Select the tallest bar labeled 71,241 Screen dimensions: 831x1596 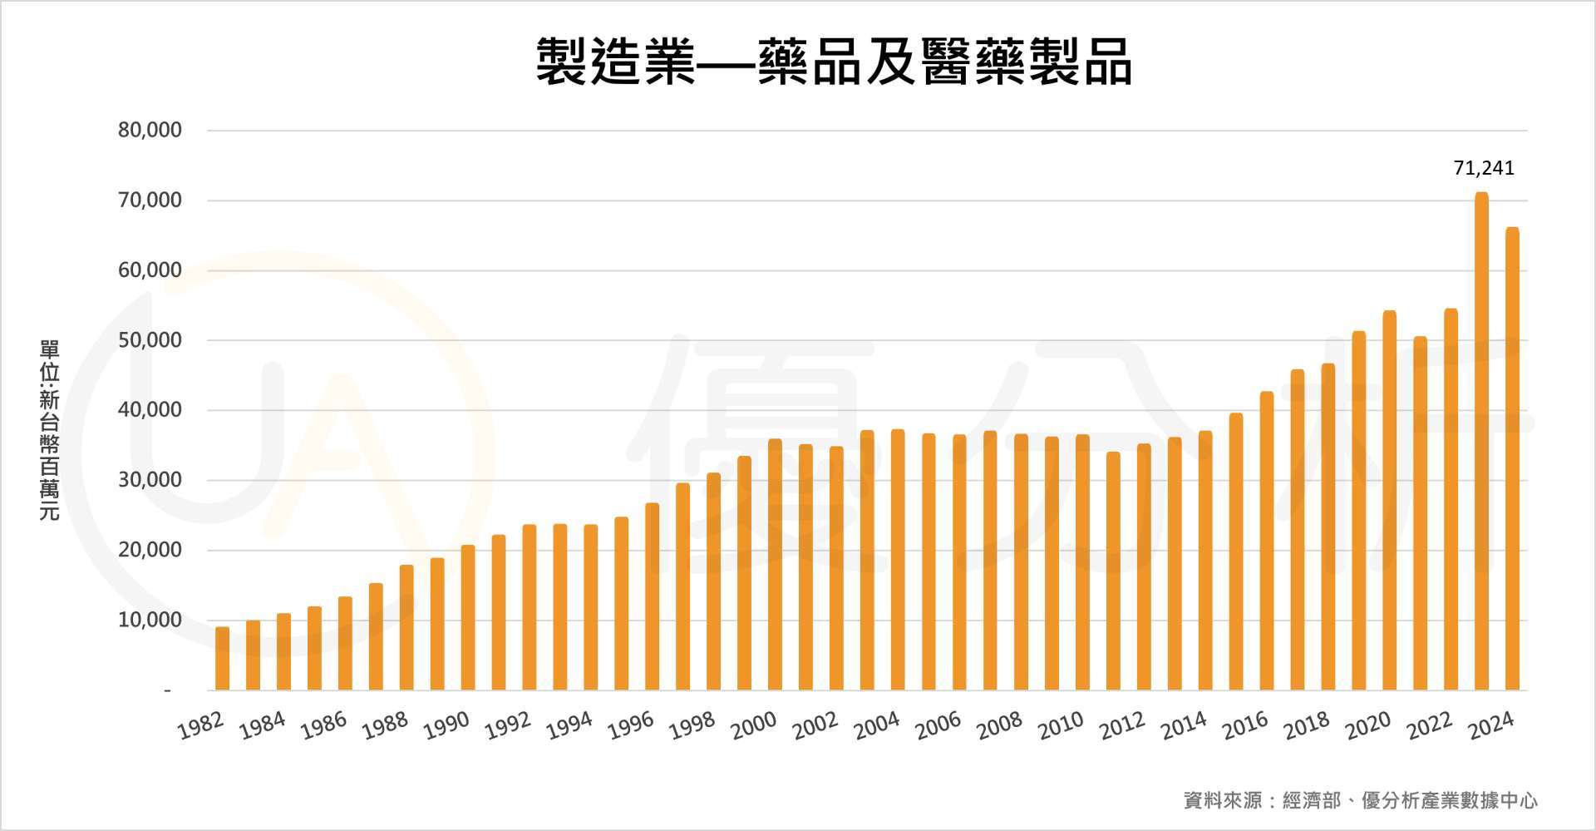click(x=1481, y=441)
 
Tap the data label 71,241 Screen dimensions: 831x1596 click(x=1484, y=168)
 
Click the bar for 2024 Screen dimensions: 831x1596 click(x=1512, y=458)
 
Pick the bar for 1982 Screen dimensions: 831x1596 click(x=222, y=658)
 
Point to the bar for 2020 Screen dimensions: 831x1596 click(x=1389, y=499)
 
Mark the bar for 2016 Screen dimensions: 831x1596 click(x=1266, y=541)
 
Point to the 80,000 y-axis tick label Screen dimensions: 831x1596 click(x=150, y=131)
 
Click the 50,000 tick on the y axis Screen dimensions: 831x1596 click(x=150, y=340)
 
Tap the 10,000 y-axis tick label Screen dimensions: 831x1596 click(x=150, y=620)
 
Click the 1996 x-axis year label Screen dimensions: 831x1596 click(x=631, y=726)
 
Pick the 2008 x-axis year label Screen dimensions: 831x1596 click(x=999, y=726)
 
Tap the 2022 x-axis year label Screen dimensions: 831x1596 click(x=1429, y=726)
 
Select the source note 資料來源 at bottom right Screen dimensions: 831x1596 click(x=1360, y=800)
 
